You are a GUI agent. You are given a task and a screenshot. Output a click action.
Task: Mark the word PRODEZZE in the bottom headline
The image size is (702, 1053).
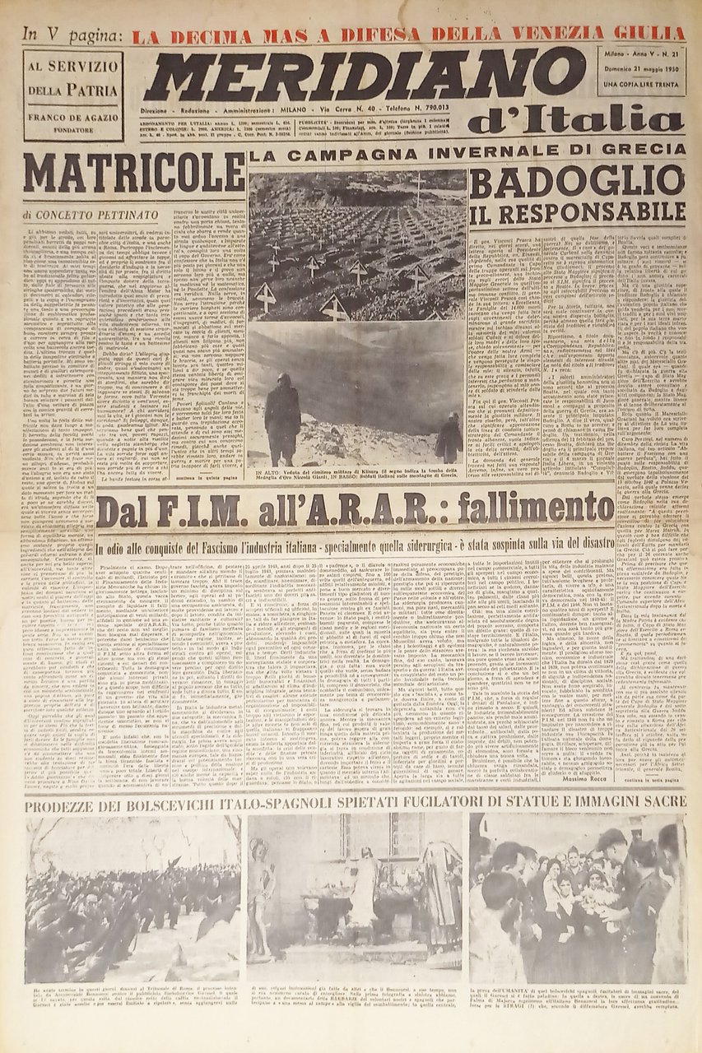tap(71, 804)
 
